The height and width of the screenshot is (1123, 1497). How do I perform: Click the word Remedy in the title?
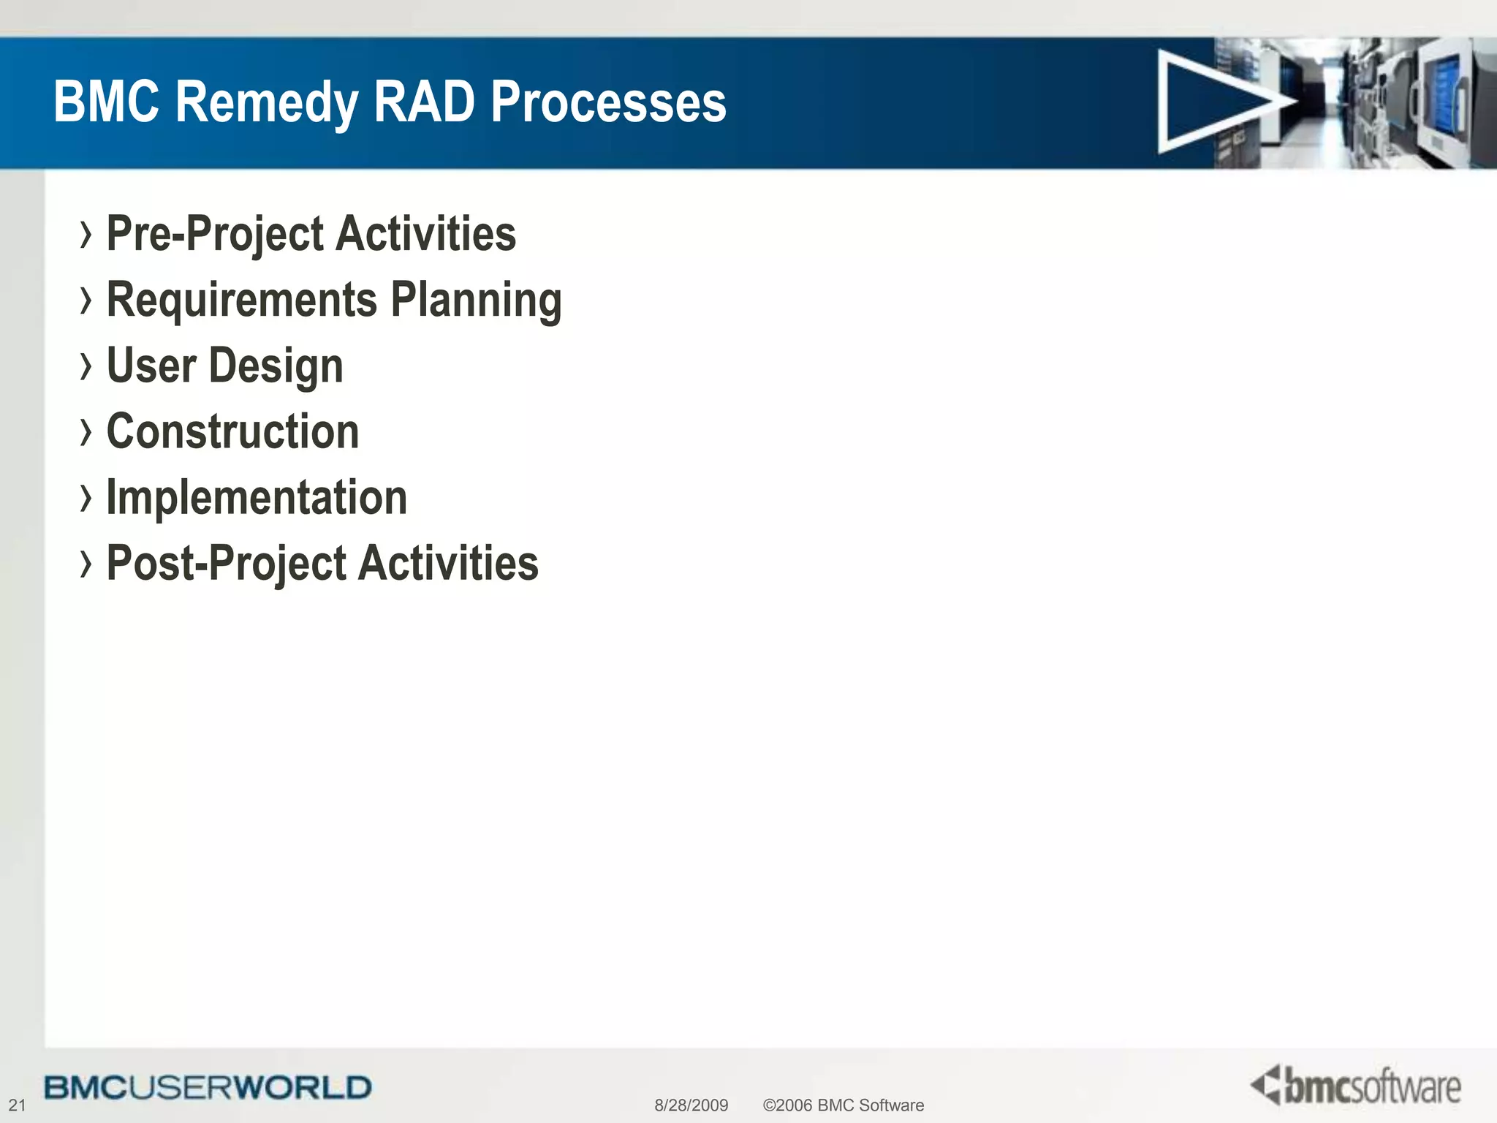coord(267,102)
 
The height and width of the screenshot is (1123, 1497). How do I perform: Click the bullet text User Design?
coord(224,366)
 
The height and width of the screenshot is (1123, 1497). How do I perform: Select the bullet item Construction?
coord(232,431)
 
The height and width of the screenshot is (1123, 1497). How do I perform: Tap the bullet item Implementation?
coord(257,497)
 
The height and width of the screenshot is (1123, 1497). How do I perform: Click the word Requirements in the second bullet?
coord(242,300)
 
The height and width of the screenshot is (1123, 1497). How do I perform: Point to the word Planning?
coord(476,300)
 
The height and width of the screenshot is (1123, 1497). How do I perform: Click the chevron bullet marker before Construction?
coord(86,432)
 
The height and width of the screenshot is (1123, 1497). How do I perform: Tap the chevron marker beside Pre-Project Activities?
coord(86,235)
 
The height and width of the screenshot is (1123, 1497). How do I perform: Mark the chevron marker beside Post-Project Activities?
coord(86,564)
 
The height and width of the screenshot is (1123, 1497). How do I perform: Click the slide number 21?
coord(17,1105)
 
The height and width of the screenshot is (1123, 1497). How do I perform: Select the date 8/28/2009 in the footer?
coord(691,1105)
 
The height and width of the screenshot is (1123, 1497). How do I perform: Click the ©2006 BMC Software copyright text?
coord(843,1105)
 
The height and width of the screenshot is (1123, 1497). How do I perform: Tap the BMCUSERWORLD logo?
coord(208,1088)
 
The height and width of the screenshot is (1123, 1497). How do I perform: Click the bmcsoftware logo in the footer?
coord(1356,1086)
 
